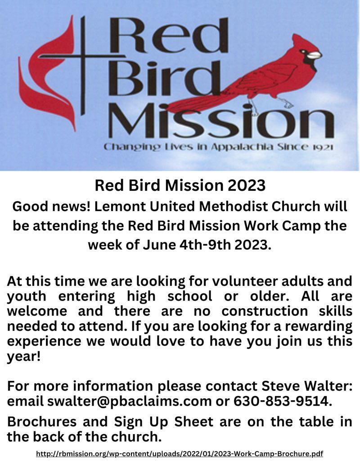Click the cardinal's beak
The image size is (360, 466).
[314, 55]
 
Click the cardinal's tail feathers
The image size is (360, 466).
[202, 101]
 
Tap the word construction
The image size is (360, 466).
[265, 311]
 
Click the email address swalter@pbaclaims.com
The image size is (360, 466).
[129, 402]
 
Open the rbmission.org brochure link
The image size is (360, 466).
[180, 454]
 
